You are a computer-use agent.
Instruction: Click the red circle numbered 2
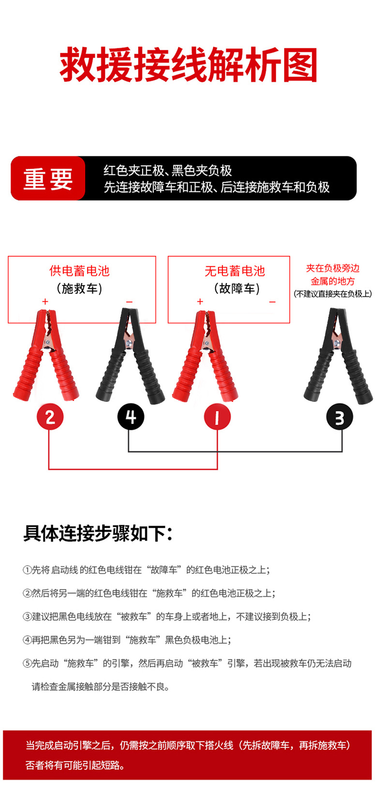click(50, 417)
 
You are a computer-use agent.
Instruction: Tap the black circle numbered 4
click(131, 417)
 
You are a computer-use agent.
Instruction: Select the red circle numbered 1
click(217, 417)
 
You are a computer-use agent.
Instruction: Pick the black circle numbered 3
click(339, 417)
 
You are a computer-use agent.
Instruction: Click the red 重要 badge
click(48, 178)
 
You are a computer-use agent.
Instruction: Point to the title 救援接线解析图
click(189, 65)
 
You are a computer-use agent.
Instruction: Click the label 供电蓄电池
click(80, 271)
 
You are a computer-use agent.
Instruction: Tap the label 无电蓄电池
click(235, 271)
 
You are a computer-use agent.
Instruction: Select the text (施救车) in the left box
click(80, 289)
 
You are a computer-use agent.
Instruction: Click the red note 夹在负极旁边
click(333, 268)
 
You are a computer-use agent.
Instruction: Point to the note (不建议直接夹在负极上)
click(333, 294)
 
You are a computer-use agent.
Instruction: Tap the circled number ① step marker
click(27, 570)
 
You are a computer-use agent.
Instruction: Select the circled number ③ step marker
click(27, 616)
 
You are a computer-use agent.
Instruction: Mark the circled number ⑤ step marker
click(27, 663)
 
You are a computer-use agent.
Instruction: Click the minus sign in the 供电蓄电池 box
click(129, 302)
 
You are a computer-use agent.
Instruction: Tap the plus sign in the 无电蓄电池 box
click(200, 302)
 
